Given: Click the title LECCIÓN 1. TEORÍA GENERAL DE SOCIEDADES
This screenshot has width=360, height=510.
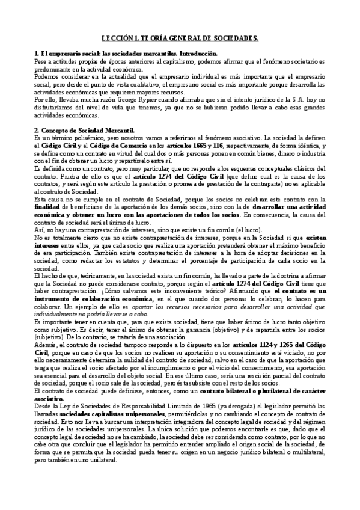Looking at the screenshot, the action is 180,37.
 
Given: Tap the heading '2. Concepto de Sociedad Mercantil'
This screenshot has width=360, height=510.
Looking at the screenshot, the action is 84,130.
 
